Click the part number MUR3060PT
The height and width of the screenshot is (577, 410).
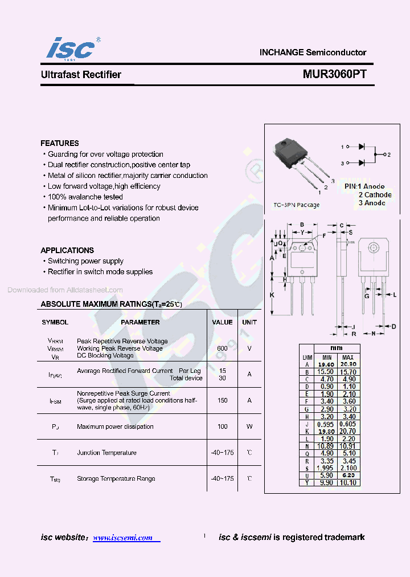[334, 75]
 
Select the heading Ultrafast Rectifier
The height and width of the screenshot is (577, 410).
[81, 75]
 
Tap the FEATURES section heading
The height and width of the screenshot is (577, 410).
[60, 143]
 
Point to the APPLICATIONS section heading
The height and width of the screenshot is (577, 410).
[67, 250]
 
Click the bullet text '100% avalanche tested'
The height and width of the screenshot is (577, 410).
[85, 197]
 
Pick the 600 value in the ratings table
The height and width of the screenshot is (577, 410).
[222, 348]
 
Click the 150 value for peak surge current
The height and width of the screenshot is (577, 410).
[222, 400]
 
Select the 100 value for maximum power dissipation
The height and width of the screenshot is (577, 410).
[222, 426]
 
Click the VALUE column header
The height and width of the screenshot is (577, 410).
[222, 322]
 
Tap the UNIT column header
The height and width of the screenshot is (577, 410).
[249, 322]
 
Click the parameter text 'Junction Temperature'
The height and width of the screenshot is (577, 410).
[106, 453]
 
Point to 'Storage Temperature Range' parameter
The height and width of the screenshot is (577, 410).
[116, 479]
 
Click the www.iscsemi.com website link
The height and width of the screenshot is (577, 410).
[123, 538]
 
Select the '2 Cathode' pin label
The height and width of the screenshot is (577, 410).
[375, 195]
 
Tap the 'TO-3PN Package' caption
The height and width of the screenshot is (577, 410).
[296, 205]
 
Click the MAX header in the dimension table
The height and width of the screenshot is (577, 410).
[347, 357]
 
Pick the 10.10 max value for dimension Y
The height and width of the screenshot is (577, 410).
[347, 482]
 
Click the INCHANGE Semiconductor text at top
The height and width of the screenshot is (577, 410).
[313, 52]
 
